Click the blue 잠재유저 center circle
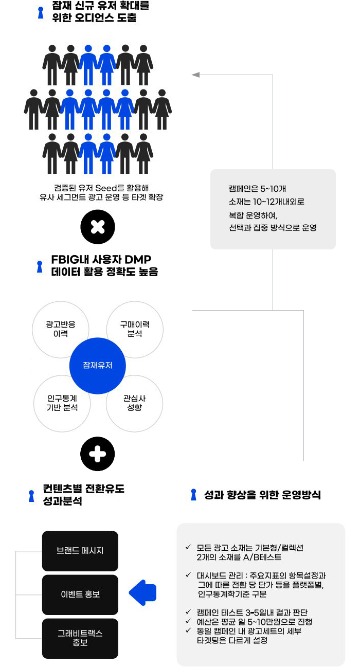click(x=98, y=366)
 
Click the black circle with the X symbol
click(x=98, y=227)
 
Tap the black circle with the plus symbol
click(x=98, y=454)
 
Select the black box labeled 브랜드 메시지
click(x=80, y=551)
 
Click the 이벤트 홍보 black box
click(x=80, y=594)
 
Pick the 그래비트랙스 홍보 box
click(x=80, y=638)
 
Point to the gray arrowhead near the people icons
click(x=195, y=75)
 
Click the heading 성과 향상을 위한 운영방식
click(x=262, y=495)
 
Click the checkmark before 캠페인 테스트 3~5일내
click(x=188, y=612)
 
